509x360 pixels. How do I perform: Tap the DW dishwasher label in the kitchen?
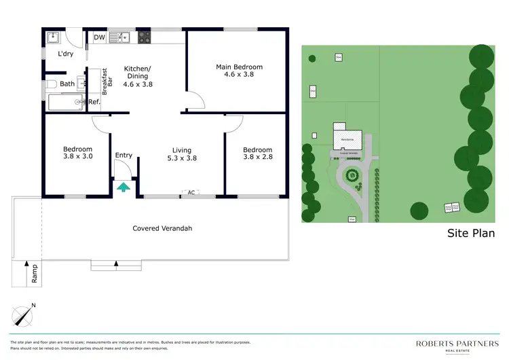click(x=99, y=38)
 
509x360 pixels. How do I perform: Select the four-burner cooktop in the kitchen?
click(x=144, y=38)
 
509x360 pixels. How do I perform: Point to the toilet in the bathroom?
click(x=52, y=84)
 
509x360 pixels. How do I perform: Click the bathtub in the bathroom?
click(x=64, y=103)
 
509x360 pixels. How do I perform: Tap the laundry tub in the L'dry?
click(x=54, y=37)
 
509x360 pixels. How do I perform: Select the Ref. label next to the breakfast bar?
click(x=94, y=102)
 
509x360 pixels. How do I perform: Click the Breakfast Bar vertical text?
click(x=105, y=81)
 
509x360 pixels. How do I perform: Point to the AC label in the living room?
click(x=191, y=193)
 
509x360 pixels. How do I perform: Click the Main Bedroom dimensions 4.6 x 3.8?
click(x=239, y=75)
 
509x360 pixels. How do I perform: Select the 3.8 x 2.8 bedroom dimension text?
click(x=257, y=158)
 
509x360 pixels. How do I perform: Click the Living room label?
click(x=182, y=150)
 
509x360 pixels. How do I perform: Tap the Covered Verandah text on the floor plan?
click(x=162, y=228)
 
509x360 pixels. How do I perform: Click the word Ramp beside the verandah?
click(x=35, y=274)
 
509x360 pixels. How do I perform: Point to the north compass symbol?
click(x=24, y=315)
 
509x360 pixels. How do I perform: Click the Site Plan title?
click(x=470, y=233)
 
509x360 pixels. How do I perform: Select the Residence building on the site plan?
click(x=343, y=138)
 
